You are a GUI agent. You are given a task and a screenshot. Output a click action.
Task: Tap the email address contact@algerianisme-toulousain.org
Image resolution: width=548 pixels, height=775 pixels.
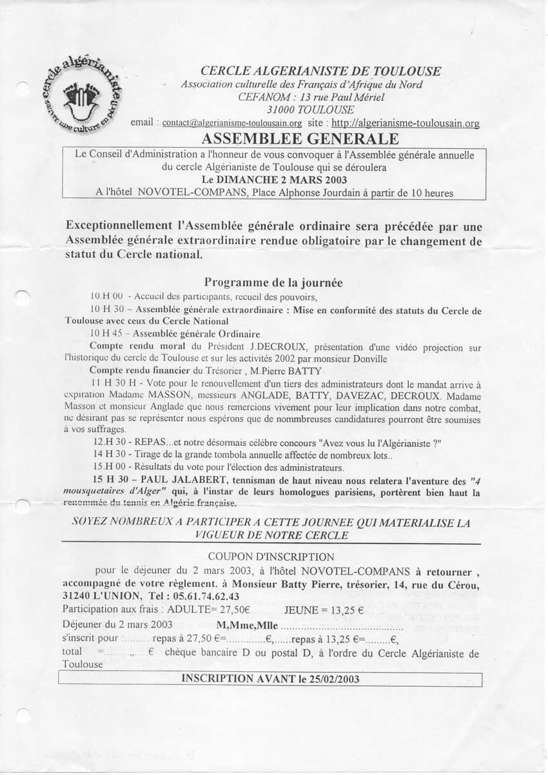(x=232, y=123)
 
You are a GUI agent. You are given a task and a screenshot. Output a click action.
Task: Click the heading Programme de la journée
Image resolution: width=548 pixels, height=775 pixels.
(x=273, y=282)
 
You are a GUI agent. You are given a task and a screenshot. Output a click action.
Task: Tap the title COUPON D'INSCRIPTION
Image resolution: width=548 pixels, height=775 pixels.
(x=271, y=556)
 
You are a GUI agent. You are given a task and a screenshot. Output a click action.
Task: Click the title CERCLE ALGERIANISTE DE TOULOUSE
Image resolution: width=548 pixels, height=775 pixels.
(x=321, y=72)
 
